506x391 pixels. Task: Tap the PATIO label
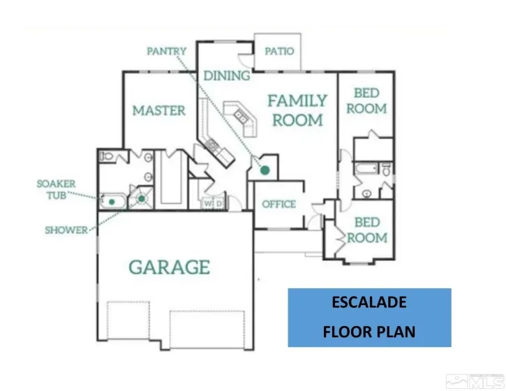click(x=279, y=52)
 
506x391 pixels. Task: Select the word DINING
click(x=227, y=75)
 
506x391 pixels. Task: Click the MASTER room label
click(x=159, y=110)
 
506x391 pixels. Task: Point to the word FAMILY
click(x=297, y=101)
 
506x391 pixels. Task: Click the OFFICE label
click(x=279, y=205)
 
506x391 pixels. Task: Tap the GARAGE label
click(x=169, y=267)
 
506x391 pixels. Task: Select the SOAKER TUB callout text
click(x=57, y=189)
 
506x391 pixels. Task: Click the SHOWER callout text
click(x=66, y=230)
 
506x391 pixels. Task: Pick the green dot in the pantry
click(x=265, y=170)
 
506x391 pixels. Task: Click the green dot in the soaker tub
click(x=111, y=202)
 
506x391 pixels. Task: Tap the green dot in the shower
click(x=142, y=199)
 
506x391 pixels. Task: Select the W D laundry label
click(x=212, y=203)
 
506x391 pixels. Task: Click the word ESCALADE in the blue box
click(x=370, y=303)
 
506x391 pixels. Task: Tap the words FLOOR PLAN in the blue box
click(x=369, y=332)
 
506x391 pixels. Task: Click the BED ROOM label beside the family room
click(x=366, y=101)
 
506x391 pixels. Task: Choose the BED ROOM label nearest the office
click(x=367, y=230)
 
